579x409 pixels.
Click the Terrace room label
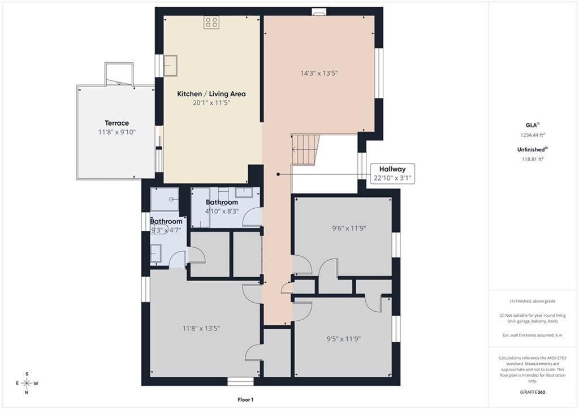[x=116, y=123]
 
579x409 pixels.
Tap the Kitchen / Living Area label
[x=211, y=94]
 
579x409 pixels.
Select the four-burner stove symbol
[x=211, y=22]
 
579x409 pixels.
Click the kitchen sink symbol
[x=170, y=66]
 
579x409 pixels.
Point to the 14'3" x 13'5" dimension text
[x=319, y=73]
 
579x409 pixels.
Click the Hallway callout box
[x=392, y=174]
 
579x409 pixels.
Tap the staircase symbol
[x=305, y=149]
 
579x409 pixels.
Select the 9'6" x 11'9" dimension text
[x=349, y=229]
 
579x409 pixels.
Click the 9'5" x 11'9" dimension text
[x=344, y=339]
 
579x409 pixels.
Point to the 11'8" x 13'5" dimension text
[x=201, y=328]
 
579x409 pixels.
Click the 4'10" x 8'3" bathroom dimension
[x=222, y=212]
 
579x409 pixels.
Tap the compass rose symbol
[x=27, y=383]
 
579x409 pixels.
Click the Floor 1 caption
[x=245, y=399]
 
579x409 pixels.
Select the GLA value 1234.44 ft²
[x=533, y=135]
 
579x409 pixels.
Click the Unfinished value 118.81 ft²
[x=533, y=159]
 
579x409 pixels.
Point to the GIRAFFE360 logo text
[x=533, y=392]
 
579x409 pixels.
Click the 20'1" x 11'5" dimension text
[x=211, y=103]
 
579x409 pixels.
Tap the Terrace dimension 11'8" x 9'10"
[x=117, y=132]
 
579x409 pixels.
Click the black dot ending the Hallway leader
[x=278, y=174]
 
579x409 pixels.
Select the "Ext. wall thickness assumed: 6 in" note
[x=533, y=335]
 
